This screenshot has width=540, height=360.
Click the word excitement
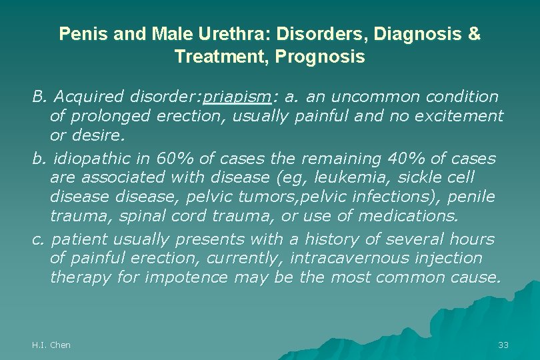pos(459,117)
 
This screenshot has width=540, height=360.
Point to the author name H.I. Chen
pos(51,345)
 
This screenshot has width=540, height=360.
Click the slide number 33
pos(503,345)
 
